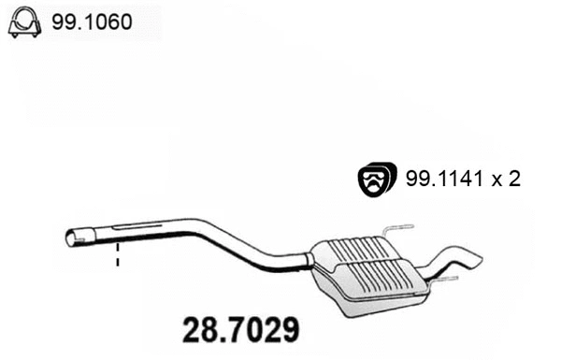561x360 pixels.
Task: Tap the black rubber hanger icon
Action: (378, 179)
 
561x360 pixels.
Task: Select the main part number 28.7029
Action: (238, 330)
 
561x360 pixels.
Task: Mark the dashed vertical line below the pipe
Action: (118, 255)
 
